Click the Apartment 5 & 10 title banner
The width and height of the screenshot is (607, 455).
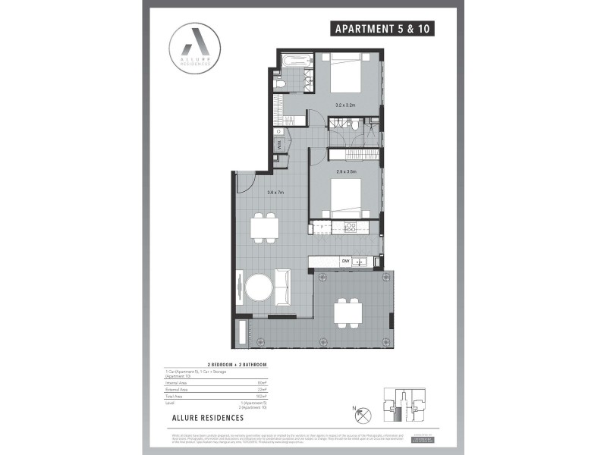pos(384,30)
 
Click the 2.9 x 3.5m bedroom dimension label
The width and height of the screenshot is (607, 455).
pos(346,172)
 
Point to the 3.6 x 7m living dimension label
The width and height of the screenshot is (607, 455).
pos(275,193)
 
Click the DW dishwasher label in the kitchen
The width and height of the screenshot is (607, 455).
pos(344,262)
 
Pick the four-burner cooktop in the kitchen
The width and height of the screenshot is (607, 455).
pos(351,226)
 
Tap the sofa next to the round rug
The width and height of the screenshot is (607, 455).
pos(282,287)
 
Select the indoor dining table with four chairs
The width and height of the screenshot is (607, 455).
pos(266,227)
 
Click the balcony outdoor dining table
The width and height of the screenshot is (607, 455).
pos(349,311)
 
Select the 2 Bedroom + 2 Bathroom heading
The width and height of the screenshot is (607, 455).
pos(231,365)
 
